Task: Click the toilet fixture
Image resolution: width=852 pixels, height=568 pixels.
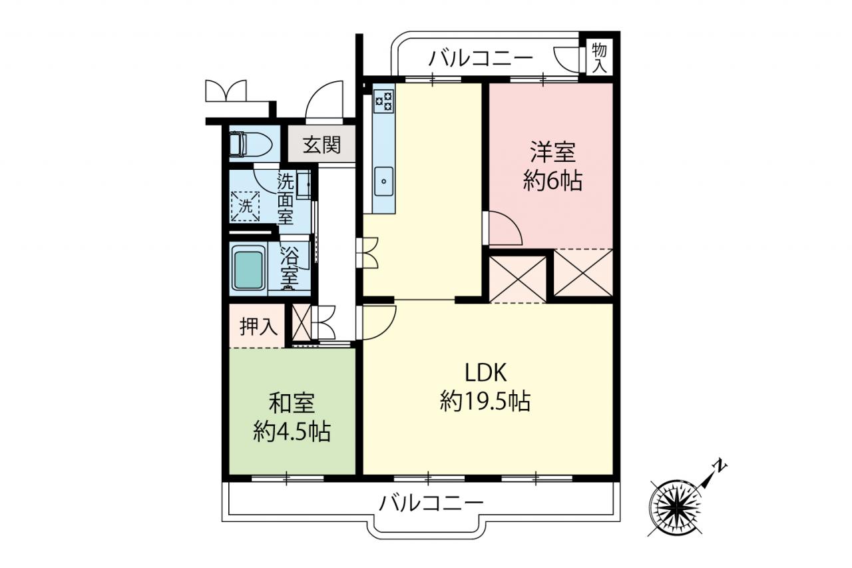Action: (x=251, y=144)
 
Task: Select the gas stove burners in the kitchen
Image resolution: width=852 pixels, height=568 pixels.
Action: (x=384, y=101)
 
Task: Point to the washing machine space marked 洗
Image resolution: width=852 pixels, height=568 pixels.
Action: (x=246, y=206)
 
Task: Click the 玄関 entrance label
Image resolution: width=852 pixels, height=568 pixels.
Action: (x=321, y=145)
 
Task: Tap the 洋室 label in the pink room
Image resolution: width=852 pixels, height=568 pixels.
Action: (x=552, y=152)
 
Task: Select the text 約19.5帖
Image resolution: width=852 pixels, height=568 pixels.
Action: (x=485, y=401)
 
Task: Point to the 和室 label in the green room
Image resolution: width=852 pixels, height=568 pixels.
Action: (x=292, y=404)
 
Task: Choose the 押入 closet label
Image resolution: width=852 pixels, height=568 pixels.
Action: (x=259, y=326)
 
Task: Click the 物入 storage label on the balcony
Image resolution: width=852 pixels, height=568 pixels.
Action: (x=600, y=58)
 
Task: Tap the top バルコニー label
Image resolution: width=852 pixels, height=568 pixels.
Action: (x=481, y=60)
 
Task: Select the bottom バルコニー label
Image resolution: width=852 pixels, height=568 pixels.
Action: (x=431, y=503)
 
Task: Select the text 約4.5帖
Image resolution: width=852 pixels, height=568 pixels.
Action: (x=292, y=431)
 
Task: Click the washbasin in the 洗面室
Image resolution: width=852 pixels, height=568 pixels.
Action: (x=304, y=184)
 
